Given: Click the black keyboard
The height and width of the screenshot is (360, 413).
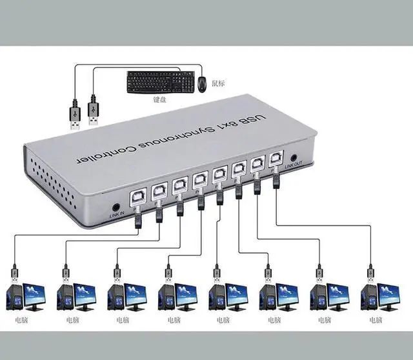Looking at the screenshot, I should [160, 82].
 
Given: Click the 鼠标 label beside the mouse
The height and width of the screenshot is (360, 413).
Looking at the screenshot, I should [218, 82].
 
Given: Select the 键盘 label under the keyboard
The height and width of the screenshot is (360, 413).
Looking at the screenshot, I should [159, 100].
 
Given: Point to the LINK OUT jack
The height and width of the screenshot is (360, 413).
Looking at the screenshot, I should [294, 157].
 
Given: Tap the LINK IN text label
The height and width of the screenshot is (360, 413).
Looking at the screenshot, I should [117, 214].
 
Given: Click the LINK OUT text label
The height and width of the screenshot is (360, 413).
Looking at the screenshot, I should [294, 168].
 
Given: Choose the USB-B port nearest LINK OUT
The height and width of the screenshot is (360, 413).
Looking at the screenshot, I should [276, 157].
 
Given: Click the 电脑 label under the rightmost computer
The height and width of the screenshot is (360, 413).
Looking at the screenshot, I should [377, 319].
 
